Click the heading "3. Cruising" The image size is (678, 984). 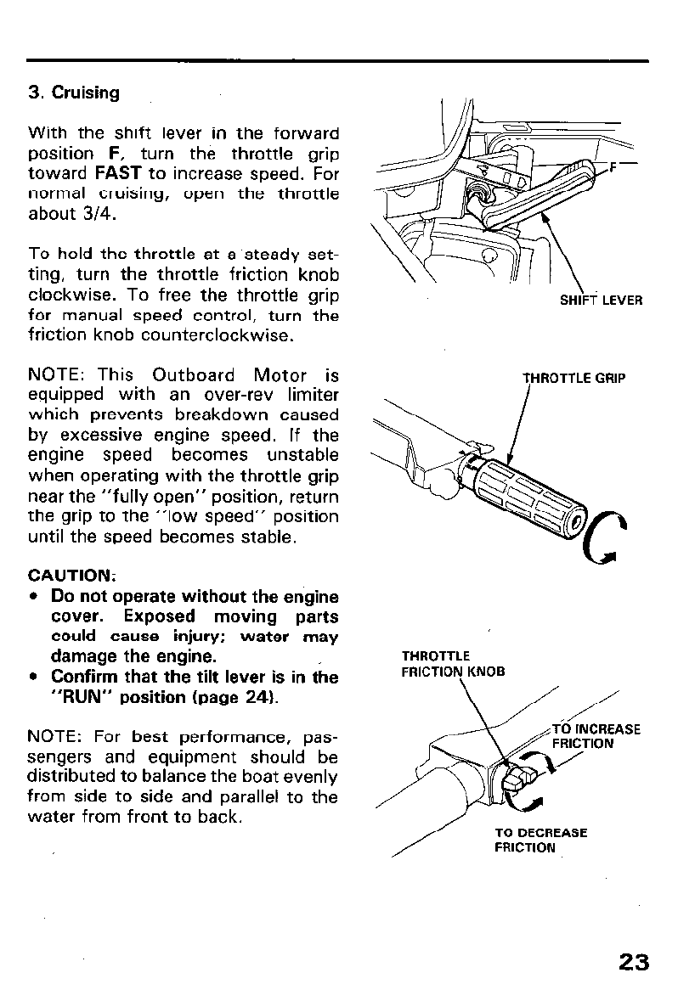74,93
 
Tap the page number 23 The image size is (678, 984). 634,962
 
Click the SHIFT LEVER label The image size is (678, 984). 601,301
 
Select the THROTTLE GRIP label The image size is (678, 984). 573,378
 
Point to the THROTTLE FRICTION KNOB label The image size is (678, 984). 453,663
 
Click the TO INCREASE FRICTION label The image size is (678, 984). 596,736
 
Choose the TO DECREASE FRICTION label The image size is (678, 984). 540,841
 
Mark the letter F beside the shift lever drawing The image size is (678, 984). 613,166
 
